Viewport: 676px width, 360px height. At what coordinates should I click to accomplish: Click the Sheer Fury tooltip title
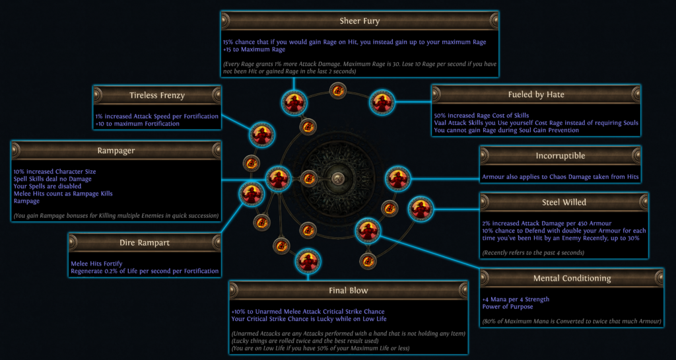click(360, 20)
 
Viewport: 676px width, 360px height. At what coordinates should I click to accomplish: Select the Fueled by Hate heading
click(536, 94)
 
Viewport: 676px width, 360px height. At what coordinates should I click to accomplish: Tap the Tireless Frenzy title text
click(157, 95)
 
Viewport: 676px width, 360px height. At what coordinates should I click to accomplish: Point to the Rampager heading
click(116, 151)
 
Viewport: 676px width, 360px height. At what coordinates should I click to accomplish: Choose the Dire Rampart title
click(145, 242)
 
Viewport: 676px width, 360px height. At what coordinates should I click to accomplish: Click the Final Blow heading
click(349, 291)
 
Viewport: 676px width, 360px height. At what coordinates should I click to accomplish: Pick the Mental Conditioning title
click(572, 279)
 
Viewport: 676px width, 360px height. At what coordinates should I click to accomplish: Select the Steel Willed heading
click(564, 202)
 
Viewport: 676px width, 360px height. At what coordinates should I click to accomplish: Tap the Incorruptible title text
click(560, 156)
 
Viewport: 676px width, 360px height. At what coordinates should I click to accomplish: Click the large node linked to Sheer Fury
click(294, 103)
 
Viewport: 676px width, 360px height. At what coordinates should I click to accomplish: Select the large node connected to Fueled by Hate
click(382, 102)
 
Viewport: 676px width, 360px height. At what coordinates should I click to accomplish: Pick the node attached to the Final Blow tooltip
click(308, 260)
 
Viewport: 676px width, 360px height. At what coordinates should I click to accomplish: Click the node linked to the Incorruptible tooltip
click(397, 178)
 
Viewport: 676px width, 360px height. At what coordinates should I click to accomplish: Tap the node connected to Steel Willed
click(421, 209)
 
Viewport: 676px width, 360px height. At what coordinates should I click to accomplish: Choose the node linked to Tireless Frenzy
click(261, 135)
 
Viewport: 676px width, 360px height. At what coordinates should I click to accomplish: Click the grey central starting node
click(338, 178)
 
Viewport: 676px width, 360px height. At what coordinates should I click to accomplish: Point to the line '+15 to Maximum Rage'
click(254, 49)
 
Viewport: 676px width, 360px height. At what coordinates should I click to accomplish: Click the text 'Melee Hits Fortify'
click(96, 264)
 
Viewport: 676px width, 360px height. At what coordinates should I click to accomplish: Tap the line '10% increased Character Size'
click(55, 172)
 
